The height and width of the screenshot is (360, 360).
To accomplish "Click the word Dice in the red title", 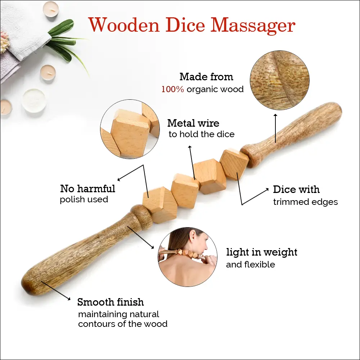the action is [185, 25].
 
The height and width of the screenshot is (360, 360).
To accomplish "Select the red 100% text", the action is [173, 89].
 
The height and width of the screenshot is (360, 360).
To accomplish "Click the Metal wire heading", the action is [193, 123].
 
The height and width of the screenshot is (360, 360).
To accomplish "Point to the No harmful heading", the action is [87, 189].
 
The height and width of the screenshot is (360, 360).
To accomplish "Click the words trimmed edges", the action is [305, 202].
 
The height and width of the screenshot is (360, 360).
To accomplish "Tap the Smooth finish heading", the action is [111, 302].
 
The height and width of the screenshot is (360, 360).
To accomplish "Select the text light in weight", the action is [261, 252].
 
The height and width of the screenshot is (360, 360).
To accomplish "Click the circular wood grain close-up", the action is [279, 80].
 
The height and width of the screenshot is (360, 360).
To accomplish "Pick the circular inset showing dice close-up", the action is [130, 129].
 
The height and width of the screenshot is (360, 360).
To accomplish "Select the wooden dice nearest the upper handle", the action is [234, 164].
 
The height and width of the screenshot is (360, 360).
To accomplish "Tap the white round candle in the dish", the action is [34, 100].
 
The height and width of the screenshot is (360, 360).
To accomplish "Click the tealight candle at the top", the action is [51, 9].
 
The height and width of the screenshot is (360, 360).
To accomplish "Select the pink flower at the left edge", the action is [4, 41].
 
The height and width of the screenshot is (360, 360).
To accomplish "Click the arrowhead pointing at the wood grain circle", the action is [275, 115].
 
